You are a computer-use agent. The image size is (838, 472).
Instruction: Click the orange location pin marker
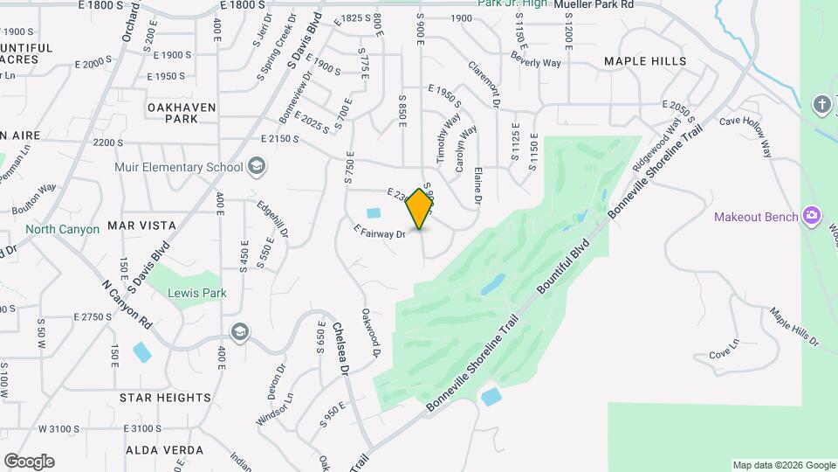pos(420,208)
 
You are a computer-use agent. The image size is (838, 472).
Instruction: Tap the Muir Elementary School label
pos(179,167)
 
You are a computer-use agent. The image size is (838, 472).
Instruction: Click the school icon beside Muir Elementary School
pos(257,166)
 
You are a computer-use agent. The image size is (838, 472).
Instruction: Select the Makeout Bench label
pos(756,216)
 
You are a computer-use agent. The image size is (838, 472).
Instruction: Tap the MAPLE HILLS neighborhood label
pos(645,61)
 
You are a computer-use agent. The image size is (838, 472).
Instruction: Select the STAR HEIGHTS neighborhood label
pos(165,397)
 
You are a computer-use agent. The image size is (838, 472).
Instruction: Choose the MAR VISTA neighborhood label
pos(141,226)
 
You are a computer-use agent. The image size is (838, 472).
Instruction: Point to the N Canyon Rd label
pos(127,305)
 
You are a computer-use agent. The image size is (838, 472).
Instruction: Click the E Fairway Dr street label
pos(381,232)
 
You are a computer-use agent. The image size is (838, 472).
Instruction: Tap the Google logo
pos(29,462)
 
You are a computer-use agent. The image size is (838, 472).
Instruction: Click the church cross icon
pos(821,105)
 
